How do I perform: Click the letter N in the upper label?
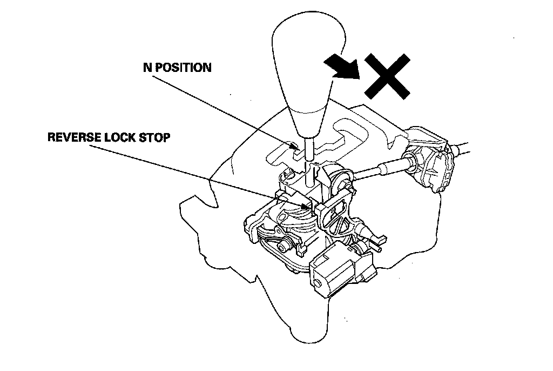click(x=146, y=68)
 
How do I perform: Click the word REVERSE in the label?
click(x=74, y=137)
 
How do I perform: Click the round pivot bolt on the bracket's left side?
click(x=282, y=247)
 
